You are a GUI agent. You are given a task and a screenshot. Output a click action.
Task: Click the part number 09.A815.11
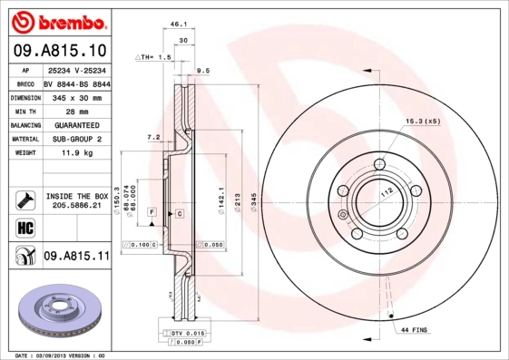click(x=76, y=257)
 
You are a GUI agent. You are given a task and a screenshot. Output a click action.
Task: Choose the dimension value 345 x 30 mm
click(x=79, y=96)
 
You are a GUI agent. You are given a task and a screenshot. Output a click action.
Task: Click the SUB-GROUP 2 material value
click(x=77, y=139)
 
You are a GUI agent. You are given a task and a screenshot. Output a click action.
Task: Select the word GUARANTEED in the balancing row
click(x=77, y=124)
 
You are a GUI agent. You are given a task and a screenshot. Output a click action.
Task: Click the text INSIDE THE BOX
click(x=76, y=196)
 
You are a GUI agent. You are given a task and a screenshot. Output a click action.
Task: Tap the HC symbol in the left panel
click(x=21, y=227)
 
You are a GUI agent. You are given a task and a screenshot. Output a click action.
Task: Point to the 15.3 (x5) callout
click(x=422, y=121)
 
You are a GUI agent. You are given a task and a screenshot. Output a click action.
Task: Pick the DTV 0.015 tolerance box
click(x=184, y=335)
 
